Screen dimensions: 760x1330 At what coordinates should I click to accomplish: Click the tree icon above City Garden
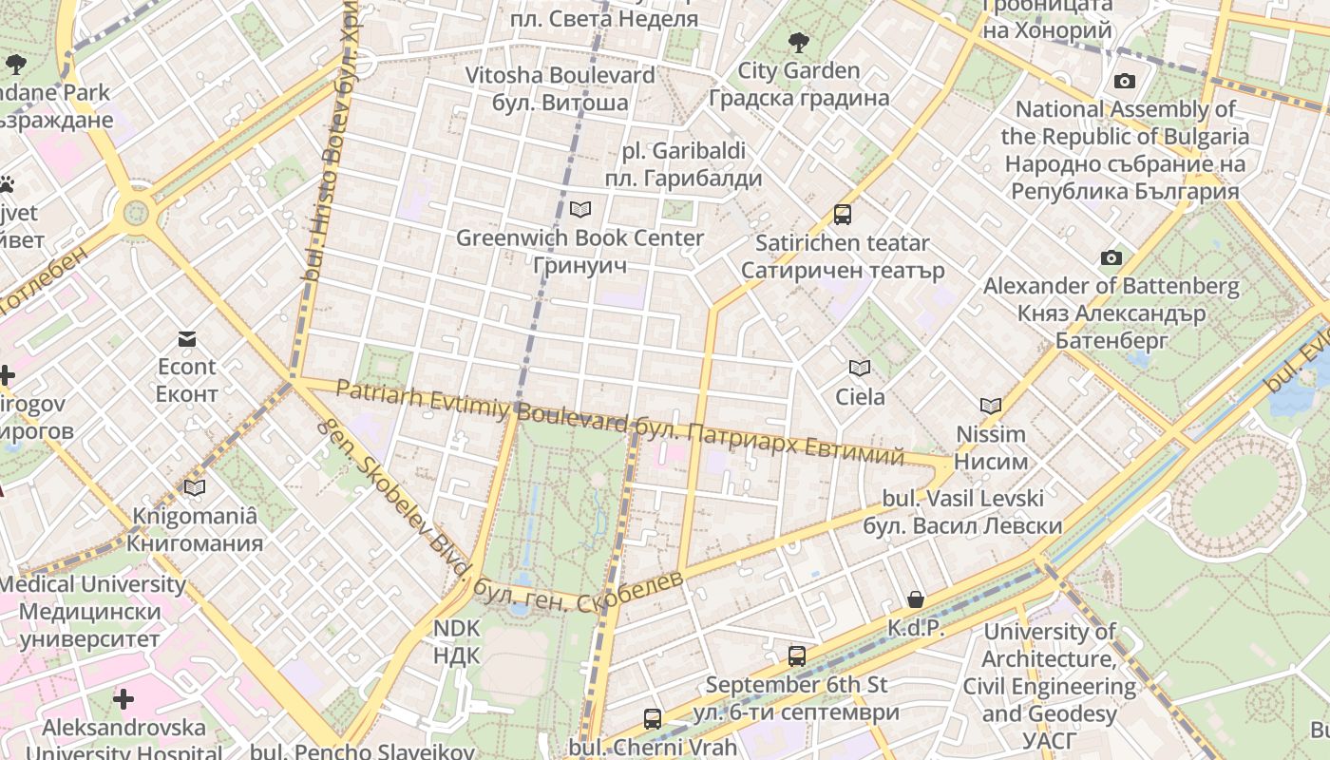coord(798,42)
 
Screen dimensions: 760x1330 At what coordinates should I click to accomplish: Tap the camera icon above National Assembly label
coord(1125,82)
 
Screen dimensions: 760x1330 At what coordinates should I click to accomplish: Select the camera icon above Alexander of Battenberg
coord(1111,257)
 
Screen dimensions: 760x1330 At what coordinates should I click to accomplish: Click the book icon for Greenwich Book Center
coord(579,209)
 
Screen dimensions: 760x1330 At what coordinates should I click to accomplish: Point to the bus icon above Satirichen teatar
coord(843,214)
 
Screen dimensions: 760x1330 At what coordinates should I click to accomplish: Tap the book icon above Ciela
coord(860,368)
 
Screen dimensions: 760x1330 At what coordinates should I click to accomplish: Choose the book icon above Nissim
coord(991,406)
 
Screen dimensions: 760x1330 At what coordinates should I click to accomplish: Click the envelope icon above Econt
coord(186,338)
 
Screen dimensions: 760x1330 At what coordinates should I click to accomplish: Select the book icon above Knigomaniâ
coord(195,487)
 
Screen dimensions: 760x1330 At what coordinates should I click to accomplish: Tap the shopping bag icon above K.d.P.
coord(916,598)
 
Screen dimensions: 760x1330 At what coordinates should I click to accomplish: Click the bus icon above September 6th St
coord(797,655)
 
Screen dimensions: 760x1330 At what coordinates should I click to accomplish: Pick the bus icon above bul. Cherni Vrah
coord(653,718)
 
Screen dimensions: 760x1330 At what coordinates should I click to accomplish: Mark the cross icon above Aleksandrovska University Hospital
coord(123,700)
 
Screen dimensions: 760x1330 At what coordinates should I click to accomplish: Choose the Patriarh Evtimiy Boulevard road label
coord(480,404)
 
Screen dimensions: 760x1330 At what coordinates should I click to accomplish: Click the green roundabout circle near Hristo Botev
coord(135,211)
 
